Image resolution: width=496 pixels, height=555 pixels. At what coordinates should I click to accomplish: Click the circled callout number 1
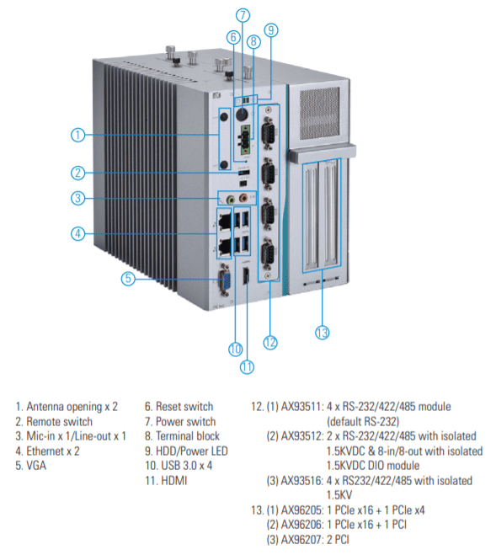click(77, 135)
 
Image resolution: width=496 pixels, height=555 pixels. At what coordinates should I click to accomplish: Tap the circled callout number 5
click(128, 279)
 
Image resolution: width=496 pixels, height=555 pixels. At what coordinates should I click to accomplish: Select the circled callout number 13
click(323, 333)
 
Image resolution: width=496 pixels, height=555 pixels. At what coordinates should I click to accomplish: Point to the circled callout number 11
click(247, 366)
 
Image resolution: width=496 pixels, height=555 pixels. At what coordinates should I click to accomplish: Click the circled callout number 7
click(243, 15)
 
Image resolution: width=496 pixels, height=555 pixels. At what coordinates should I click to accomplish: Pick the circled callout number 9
click(271, 30)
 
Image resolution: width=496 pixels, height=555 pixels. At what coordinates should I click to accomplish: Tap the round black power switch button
click(242, 115)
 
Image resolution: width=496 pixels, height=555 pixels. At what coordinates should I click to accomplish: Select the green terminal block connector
click(246, 140)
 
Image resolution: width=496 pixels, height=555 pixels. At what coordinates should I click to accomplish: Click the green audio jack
click(231, 200)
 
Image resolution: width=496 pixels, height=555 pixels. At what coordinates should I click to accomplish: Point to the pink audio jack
click(243, 198)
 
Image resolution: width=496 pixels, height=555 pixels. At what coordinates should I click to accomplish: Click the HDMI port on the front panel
click(245, 276)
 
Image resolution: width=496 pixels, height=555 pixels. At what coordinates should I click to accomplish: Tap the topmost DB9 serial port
click(269, 134)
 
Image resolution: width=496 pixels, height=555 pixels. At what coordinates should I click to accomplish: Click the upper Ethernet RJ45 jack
click(225, 221)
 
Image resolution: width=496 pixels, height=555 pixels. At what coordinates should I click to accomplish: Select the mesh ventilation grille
click(319, 113)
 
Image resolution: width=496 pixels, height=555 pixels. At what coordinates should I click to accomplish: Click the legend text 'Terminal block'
click(188, 435)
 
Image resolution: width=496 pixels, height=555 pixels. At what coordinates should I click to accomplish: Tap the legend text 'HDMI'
click(173, 480)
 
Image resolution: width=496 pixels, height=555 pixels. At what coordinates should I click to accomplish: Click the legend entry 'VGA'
click(36, 466)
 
